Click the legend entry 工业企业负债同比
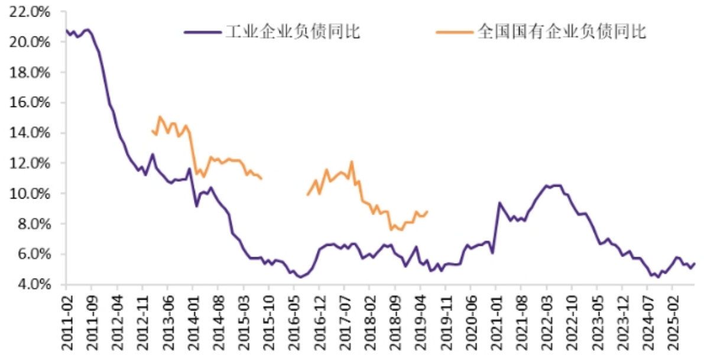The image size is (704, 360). tap(293, 32)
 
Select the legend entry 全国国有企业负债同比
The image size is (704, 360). tap(561, 32)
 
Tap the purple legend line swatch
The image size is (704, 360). tap(201, 33)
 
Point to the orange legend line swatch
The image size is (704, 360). tap(455, 33)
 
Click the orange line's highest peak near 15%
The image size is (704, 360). tap(160, 116)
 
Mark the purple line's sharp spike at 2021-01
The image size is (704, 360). tap(499, 203)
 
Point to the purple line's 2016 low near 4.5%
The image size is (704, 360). tap(300, 277)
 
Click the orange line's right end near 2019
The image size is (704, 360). tap(427, 212)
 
